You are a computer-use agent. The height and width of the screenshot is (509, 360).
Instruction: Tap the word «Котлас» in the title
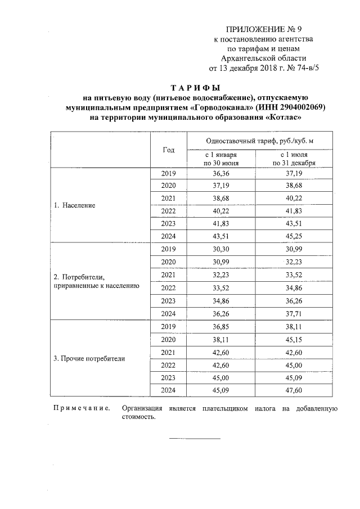(283, 118)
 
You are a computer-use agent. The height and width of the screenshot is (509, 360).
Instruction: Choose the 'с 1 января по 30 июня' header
(221, 158)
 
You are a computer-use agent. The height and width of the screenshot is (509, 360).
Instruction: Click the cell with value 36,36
(221, 174)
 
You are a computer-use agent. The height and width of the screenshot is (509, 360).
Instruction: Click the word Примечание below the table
(81, 409)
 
